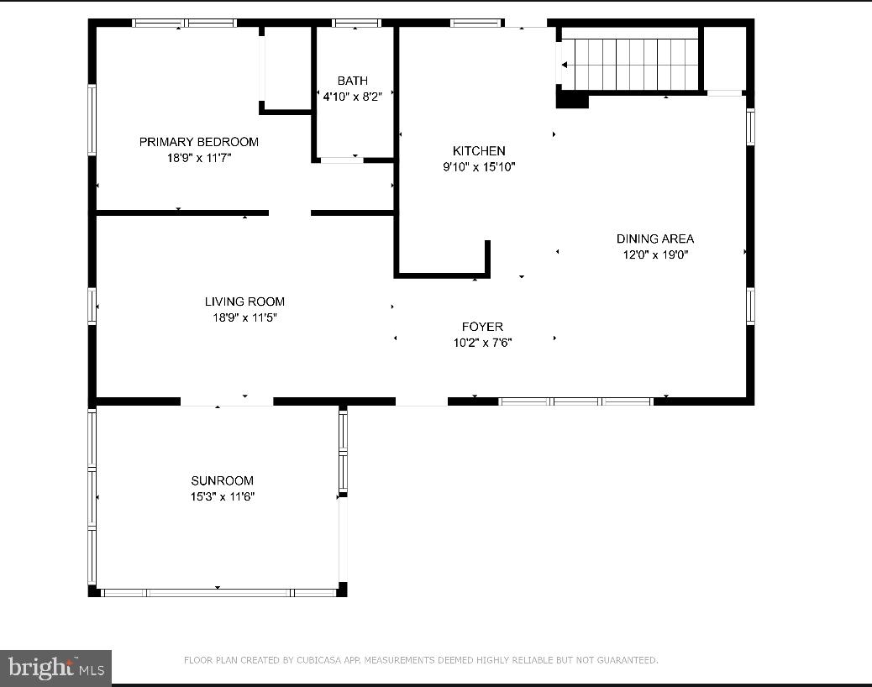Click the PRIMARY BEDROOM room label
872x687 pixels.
198,142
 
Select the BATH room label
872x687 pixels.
352,81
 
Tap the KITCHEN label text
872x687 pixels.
479,151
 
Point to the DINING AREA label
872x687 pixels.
655,239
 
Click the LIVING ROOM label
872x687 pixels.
244,302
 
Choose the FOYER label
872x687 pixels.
482,327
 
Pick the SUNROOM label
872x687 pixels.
222,480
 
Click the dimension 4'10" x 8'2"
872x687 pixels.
352,97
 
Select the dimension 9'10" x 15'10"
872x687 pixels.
479,167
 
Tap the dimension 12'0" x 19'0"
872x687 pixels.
655,255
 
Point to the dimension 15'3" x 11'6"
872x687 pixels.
222,496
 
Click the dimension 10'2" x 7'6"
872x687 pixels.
482,343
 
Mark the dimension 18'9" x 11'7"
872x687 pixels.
198,158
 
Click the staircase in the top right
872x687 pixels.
630,65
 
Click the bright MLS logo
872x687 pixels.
55,668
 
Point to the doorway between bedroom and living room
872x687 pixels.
290,213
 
